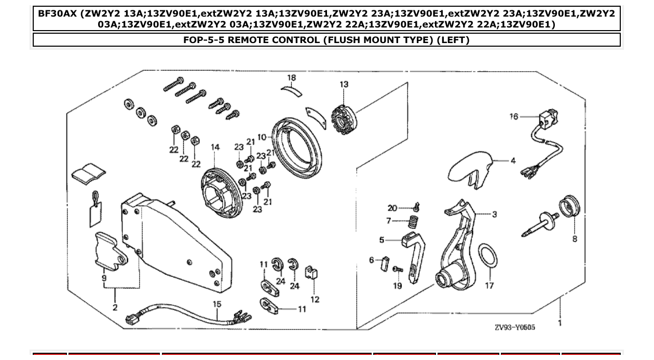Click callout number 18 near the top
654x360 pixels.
tap(292, 78)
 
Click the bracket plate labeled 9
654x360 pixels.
tap(110, 251)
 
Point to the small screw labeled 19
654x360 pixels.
tap(398, 269)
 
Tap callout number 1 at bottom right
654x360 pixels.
tap(560, 323)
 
